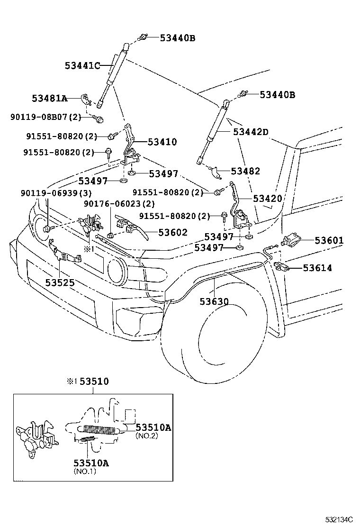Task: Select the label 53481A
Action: point(49,99)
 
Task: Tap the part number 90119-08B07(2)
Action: point(46,117)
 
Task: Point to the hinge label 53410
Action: point(162,142)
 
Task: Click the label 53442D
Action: point(251,132)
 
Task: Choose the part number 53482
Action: point(245,171)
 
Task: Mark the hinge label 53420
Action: point(267,199)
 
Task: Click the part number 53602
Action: point(173,232)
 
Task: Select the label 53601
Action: point(329,240)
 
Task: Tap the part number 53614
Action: point(317,268)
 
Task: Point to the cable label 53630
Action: point(214,301)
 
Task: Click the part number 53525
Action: point(60,282)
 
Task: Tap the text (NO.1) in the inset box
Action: point(86,472)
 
